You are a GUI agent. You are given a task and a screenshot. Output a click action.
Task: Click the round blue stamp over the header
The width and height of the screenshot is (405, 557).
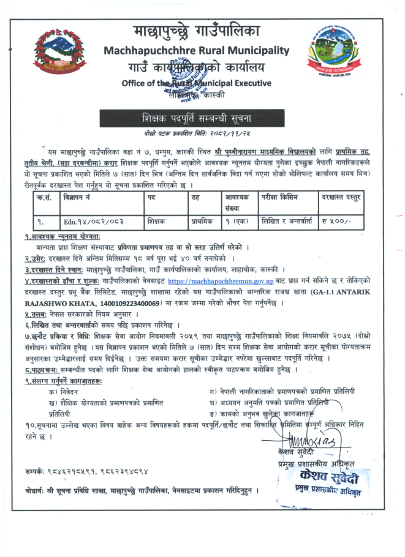(186, 77)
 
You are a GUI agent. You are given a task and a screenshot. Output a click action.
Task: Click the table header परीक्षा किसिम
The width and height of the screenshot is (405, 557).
(283, 198)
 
